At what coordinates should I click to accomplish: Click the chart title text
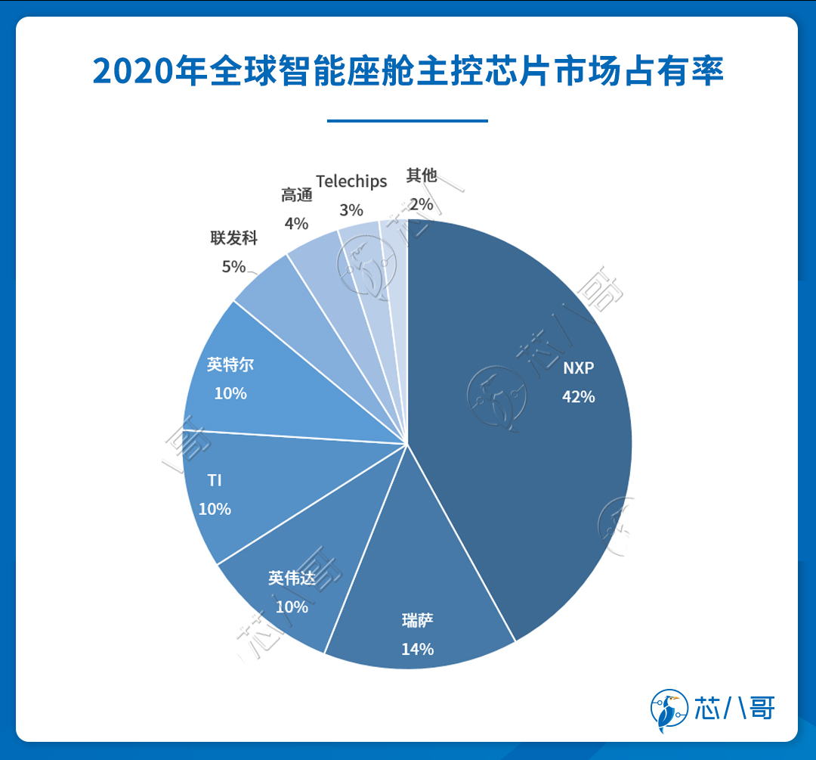pyautogui.click(x=408, y=71)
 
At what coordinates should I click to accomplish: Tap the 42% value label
pyautogui.click(x=578, y=396)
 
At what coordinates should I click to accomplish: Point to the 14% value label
pyautogui.click(x=418, y=649)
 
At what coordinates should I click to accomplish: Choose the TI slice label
pyautogui.click(x=215, y=481)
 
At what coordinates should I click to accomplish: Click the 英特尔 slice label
pyautogui.click(x=230, y=364)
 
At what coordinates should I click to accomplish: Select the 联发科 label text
pyautogui.click(x=233, y=238)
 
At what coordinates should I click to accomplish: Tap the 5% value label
pyautogui.click(x=233, y=266)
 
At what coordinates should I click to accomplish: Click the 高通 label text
pyautogui.click(x=296, y=195)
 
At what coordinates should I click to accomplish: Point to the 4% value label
pyautogui.click(x=296, y=223)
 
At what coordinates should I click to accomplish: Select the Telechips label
pyautogui.click(x=351, y=181)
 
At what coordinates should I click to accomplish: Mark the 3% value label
pyautogui.click(x=351, y=209)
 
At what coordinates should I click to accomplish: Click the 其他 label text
pyautogui.click(x=422, y=175)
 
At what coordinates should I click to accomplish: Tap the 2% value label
pyautogui.click(x=422, y=203)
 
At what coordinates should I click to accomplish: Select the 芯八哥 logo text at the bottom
pyautogui.click(x=734, y=709)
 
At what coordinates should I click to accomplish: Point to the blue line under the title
pyautogui.click(x=408, y=120)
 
